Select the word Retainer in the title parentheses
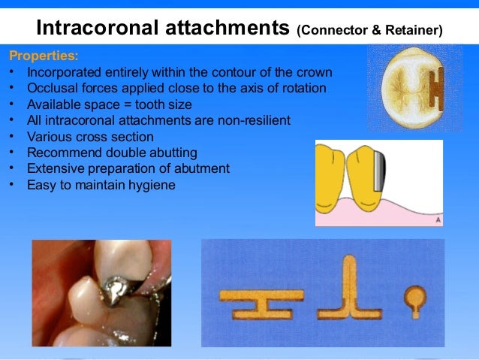coord(411,30)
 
